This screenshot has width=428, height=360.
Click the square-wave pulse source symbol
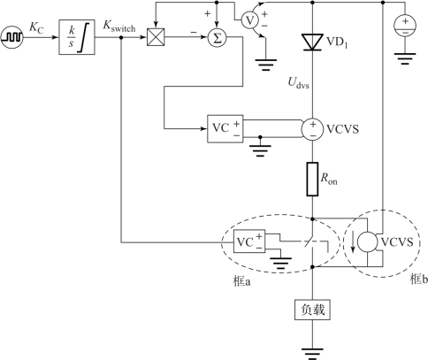pyautogui.click(x=12, y=37)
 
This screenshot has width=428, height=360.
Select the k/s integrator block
pyautogui.click(x=77, y=37)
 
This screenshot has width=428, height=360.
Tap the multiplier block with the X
pyautogui.click(x=156, y=37)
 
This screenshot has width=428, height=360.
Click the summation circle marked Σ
pyautogui.click(x=218, y=37)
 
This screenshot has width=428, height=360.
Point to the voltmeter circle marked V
pyautogui.click(x=250, y=20)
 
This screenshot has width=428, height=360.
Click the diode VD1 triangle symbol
pyautogui.click(x=312, y=42)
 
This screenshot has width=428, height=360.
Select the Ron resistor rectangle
pyautogui.click(x=312, y=179)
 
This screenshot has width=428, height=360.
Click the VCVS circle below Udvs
pyautogui.click(x=312, y=129)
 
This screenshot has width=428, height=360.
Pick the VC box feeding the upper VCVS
pyautogui.click(x=225, y=129)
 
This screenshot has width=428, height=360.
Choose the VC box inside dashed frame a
pyautogui.click(x=249, y=241)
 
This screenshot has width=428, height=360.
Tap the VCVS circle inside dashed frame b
pyautogui.click(x=367, y=242)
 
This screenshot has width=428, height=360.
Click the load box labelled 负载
pyautogui.click(x=312, y=310)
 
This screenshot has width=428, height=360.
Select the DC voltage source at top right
pyautogui.click(x=405, y=26)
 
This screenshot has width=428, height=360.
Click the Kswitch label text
pyautogui.click(x=119, y=27)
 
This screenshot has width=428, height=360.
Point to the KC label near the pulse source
pyautogui.click(x=36, y=27)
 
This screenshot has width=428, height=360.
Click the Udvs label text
pyautogui.click(x=298, y=82)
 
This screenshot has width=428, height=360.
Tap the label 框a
pyautogui.click(x=241, y=281)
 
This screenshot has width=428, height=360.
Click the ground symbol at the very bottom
pyautogui.click(x=312, y=354)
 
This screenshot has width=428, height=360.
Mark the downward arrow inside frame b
pyautogui.click(x=353, y=244)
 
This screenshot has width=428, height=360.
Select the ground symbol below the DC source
pyautogui.click(x=405, y=58)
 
